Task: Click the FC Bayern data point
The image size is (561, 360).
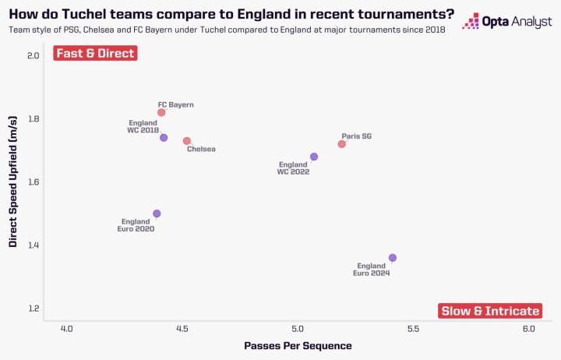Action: (x=161, y=112)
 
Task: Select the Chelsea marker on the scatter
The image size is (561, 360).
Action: (x=187, y=141)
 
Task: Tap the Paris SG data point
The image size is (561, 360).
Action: (x=341, y=144)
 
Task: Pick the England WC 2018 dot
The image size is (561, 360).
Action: (x=164, y=138)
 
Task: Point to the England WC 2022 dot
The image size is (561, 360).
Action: (x=314, y=157)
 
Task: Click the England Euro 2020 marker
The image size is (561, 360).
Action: (x=157, y=214)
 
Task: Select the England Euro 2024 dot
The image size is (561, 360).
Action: (x=393, y=258)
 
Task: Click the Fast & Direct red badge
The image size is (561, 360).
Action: (x=95, y=53)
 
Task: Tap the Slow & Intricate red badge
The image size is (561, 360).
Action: (x=490, y=311)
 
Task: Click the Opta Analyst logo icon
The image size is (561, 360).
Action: (x=471, y=21)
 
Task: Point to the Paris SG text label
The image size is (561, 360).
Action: (x=356, y=136)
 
